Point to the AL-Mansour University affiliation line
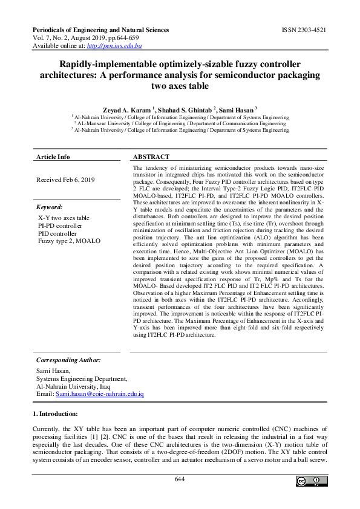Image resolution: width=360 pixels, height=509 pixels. (180, 123)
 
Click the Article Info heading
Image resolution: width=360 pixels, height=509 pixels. (53, 157)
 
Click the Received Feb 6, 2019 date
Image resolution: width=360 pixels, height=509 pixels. (65, 180)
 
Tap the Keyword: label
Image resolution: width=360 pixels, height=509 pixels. (50, 207)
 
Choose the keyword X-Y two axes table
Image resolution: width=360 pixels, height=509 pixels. (64, 218)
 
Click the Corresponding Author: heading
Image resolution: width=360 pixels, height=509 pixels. (68, 360)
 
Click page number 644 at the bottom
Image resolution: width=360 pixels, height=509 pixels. (180, 479)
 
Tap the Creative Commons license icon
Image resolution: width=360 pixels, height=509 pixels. (309, 481)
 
